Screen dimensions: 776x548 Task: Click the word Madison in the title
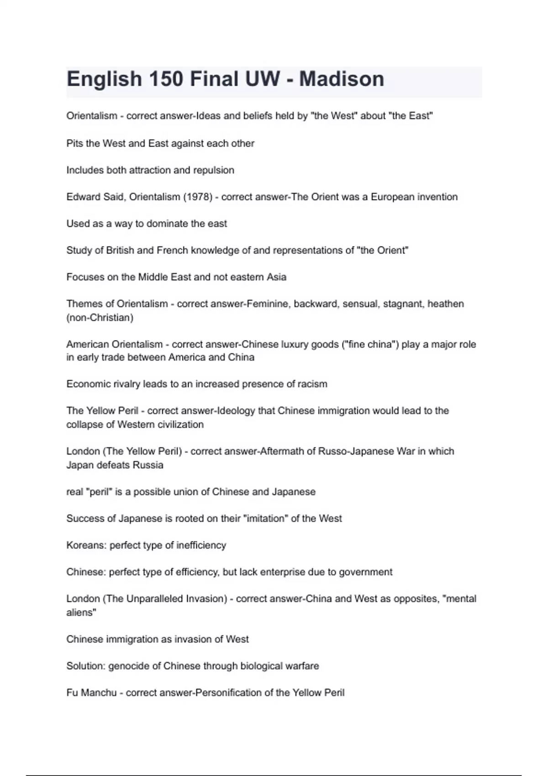coord(342,79)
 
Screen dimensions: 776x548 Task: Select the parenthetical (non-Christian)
coord(100,318)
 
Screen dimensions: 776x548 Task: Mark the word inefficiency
coord(201,545)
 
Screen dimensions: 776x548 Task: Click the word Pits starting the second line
coord(74,143)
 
